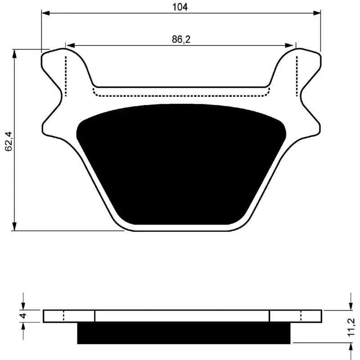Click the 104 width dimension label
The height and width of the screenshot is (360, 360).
click(181, 7)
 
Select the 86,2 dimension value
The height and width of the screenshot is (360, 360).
click(181, 40)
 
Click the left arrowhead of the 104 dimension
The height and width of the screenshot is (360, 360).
click(45, 13)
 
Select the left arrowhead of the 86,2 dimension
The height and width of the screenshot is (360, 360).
click(69, 45)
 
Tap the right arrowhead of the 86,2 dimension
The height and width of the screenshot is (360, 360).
click(291, 45)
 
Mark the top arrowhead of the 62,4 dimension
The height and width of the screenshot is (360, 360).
click(15, 52)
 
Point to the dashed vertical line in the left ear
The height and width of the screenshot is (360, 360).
click(66, 76)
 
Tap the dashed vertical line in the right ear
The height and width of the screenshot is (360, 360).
click(297, 76)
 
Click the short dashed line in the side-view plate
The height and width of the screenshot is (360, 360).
click(63, 316)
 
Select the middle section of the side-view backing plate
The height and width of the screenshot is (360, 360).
click(182, 316)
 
